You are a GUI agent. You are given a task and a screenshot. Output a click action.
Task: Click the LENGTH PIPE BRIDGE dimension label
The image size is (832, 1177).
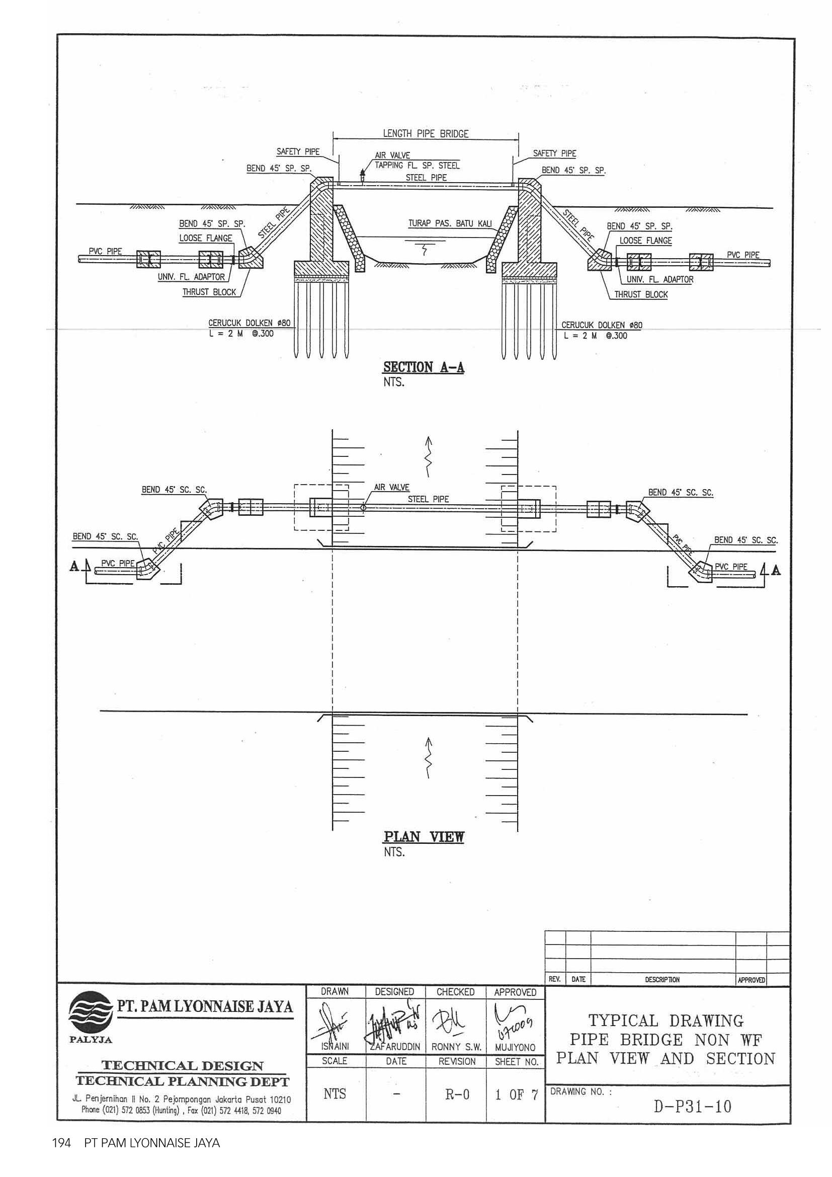click(x=425, y=134)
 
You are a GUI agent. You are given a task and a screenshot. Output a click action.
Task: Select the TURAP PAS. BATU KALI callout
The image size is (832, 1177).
click(x=449, y=223)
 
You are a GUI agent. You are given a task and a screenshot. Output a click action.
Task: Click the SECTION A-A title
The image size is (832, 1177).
click(x=424, y=367)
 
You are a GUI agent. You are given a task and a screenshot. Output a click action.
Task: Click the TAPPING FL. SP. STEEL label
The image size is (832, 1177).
click(x=417, y=166)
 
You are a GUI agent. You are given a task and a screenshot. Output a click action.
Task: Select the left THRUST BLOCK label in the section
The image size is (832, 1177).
click(x=210, y=292)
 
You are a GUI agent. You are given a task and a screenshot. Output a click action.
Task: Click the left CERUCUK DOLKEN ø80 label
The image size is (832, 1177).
click(x=249, y=324)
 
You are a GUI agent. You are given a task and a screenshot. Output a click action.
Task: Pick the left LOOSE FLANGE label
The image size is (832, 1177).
click(x=205, y=239)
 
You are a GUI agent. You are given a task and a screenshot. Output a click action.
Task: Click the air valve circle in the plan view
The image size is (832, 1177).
click(x=363, y=508)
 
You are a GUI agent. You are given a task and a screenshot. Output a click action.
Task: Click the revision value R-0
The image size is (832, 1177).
click(x=455, y=1095)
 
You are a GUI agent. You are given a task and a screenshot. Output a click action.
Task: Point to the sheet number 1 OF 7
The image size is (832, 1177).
click(x=516, y=1095)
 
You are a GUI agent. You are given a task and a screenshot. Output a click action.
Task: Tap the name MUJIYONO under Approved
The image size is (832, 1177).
click(x=516, y=1048)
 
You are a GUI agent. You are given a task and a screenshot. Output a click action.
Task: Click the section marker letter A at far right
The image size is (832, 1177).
click(x=776, y=570)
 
